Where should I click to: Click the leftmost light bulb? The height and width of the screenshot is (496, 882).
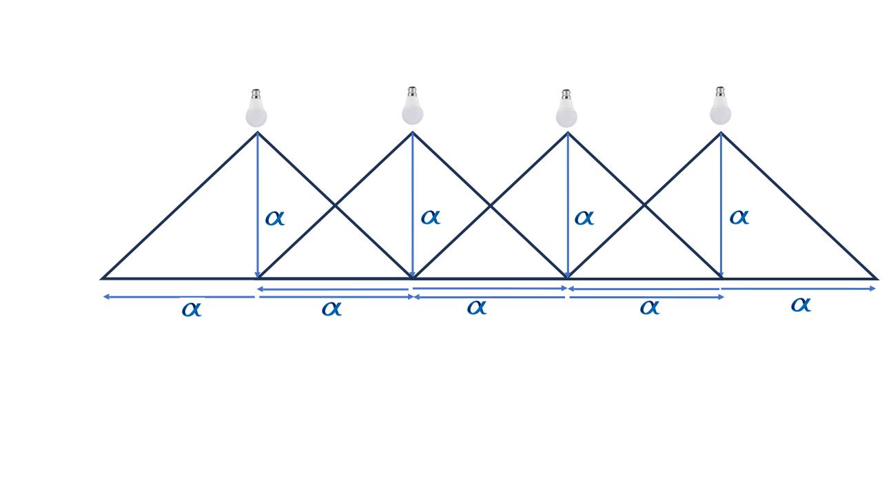[x=256, y=108]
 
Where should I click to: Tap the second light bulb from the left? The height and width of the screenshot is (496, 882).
[x=412, y=105]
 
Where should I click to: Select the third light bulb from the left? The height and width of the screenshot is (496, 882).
[x=566, y=108]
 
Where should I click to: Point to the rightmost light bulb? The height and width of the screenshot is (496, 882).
[x=720, y=105]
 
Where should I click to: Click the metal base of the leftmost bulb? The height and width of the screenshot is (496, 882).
[x=256, y=94]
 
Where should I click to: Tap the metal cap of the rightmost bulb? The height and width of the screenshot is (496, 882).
[x=720, y=92]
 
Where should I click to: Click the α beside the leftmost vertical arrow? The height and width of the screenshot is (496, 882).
[x=275, y=218]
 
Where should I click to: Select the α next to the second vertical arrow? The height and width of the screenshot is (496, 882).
[x=431, y=217]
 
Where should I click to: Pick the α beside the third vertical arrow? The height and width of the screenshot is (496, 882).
[x=584, y=218]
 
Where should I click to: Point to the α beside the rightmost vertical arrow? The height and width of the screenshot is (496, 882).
[x=739, y=217]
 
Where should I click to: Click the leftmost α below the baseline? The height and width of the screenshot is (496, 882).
[x=192, y=309]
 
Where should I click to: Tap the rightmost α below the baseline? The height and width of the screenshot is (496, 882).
[x=801, y=304]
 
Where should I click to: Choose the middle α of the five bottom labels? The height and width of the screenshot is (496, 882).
[x=477, y=307]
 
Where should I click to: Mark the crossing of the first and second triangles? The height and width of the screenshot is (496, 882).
[x=335, y=205]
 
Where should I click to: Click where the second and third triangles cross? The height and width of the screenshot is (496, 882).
[x=490, y=205]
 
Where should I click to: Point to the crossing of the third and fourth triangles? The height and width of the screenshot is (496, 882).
[x=644, y=205]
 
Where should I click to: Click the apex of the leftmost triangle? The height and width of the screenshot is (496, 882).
[x=258, y=132]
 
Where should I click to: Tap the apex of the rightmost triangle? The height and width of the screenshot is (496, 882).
[x=721, y=133]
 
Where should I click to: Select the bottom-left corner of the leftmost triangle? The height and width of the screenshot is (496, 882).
[x=102, y=278]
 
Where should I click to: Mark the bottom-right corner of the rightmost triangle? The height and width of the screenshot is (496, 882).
[x=876, y=279]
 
